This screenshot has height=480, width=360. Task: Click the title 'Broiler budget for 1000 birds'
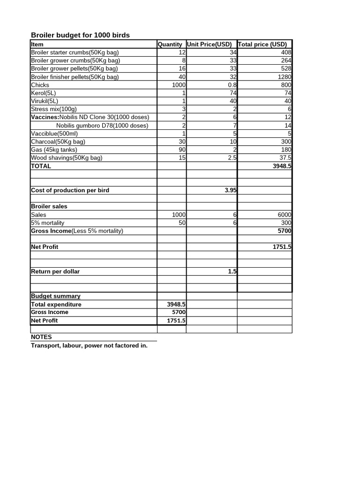point(80,35)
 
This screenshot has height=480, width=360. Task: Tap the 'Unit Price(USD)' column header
point(209,44)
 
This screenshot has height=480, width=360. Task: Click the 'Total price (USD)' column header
point(262,44)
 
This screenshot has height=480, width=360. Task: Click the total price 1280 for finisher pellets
point(284,77)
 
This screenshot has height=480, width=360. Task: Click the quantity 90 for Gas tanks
point(182,150)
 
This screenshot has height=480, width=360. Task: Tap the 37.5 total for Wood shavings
point(284,157)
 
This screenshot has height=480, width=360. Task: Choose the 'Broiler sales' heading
point(49,206)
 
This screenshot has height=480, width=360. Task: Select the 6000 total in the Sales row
point(284,215)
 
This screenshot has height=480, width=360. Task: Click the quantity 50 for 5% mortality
point(182,223)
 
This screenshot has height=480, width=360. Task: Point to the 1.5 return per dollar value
point(232,271)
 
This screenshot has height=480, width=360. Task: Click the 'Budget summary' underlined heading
point(55,296)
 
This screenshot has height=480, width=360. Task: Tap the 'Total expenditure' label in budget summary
point(56,304)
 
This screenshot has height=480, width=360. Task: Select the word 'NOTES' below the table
point(41,337)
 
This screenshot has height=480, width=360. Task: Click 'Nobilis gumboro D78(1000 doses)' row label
point(102,125)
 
